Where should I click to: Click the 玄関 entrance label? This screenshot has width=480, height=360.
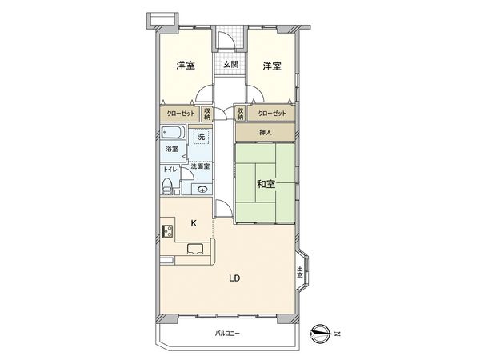[230, 65]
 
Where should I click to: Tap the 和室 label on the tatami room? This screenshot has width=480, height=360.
[266, 184]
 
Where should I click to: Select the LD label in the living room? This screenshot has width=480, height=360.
[234, 278]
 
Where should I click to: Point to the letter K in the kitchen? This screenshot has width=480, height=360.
[193, 224]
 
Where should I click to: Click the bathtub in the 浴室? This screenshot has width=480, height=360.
[174, 134]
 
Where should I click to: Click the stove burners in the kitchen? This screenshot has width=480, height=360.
[169, 232]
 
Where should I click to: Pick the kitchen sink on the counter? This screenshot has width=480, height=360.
[196, 249]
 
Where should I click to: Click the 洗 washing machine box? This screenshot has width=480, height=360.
[202, 138]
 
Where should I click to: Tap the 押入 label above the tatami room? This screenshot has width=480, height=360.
[265, 131]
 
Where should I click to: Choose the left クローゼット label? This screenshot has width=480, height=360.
[180, 114]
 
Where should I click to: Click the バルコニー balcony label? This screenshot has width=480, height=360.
[228, 333]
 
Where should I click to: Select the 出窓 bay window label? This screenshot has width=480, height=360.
[300, 272]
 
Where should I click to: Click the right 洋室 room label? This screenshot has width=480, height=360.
[272, 66]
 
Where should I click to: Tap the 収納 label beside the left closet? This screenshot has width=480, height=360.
[206, 114]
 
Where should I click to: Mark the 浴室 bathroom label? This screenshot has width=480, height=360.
[171, 150]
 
